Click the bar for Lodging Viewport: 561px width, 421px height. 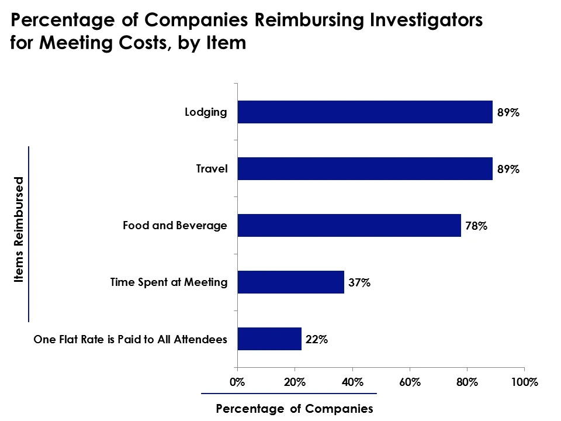365,112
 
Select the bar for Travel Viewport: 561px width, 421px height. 365,168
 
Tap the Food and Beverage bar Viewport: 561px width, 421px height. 349,225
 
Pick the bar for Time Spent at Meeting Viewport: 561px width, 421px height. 290,282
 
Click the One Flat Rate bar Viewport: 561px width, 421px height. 269,339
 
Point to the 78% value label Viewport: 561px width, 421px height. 476,226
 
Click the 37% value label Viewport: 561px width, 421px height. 359,282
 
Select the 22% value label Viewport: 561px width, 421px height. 316,339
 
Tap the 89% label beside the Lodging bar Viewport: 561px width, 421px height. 508,112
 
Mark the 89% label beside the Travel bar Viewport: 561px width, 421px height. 508,169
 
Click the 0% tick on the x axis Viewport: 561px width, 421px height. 237,382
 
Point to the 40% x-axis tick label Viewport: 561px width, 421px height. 352,382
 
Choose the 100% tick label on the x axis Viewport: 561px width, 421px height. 524,382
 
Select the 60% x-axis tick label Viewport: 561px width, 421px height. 410,382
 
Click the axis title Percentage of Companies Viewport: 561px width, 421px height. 294,409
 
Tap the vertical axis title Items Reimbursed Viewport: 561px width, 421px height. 19,230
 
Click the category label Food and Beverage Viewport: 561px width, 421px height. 175,225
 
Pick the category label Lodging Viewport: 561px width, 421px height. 206,112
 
